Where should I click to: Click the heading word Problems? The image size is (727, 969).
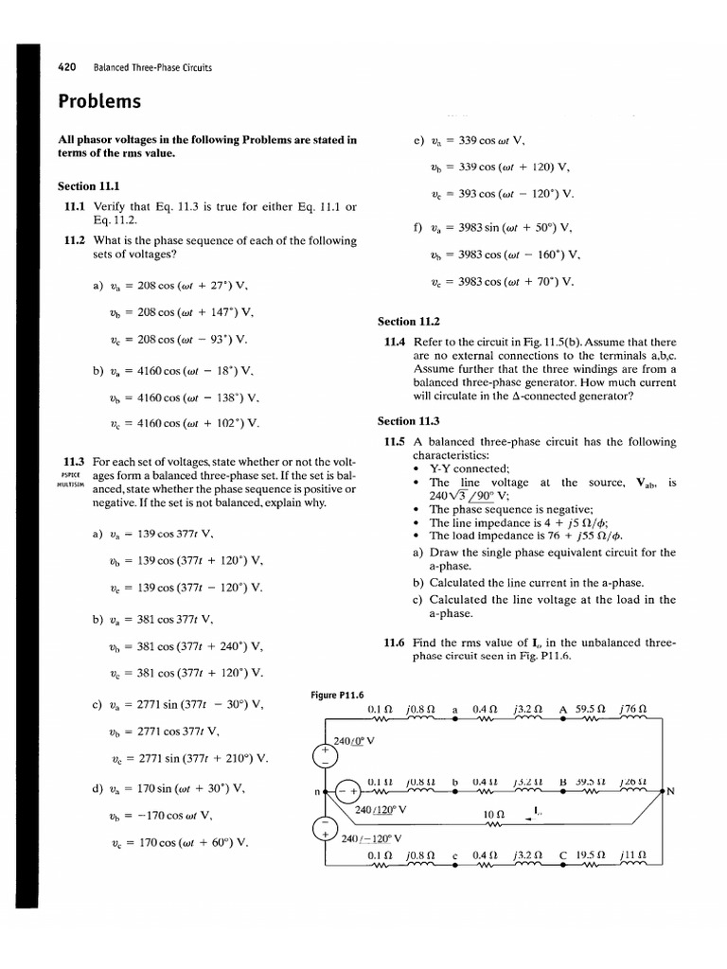point(99,101)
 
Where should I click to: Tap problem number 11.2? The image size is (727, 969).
point(76,240)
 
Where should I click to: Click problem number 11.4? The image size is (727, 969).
point(395,343)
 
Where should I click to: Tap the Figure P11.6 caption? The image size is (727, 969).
point(338,696)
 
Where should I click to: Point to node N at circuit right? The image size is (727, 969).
point(669,792)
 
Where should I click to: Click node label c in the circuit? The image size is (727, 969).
point(455,855)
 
